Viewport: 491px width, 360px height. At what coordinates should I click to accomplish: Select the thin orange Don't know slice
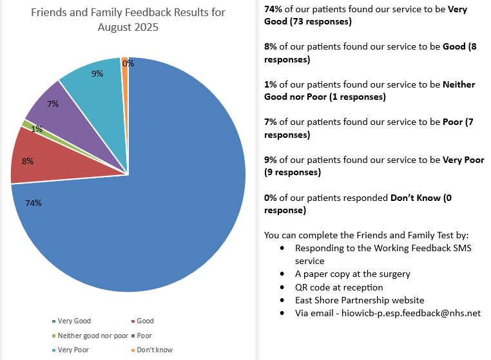pos(124,62)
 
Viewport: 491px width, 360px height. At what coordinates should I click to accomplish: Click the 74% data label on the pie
pos(34,203)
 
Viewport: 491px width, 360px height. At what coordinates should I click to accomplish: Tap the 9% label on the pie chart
pos(97,73)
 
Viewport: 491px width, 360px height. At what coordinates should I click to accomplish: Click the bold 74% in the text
pos(274,10)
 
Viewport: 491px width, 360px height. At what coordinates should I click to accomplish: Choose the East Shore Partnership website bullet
pos(360,300)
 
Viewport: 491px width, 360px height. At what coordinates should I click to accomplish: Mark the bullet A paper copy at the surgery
pos(352,274)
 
